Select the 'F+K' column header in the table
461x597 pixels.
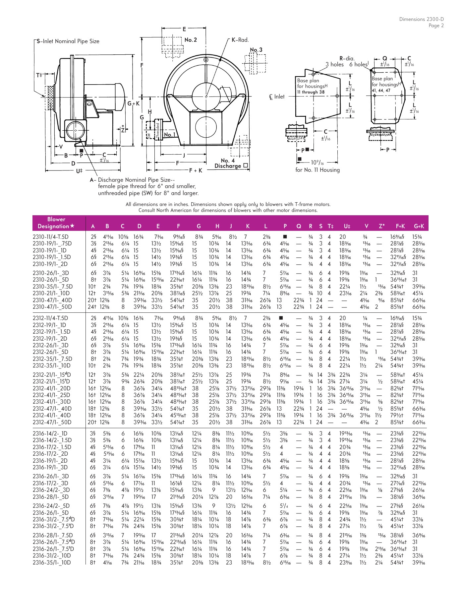400,227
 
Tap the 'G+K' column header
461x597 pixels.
419,227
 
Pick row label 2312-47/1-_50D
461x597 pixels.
52,422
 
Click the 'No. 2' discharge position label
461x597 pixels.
191,40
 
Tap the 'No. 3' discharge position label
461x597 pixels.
256,50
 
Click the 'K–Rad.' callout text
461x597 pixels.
240,40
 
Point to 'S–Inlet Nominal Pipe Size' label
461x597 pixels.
68,41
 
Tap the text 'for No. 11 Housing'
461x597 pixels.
317,170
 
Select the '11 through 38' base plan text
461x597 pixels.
311,92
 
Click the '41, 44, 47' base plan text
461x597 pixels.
381,90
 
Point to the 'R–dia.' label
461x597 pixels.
347,59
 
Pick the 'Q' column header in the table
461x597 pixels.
299,227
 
